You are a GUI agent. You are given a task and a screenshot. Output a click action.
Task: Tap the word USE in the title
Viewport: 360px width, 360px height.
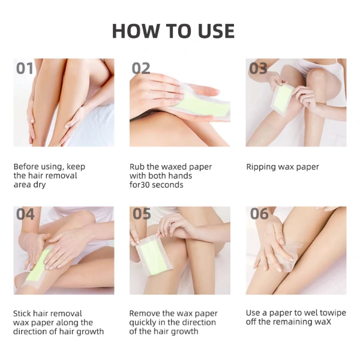pos(216,31)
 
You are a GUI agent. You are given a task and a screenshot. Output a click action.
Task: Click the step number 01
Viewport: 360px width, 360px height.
pos(25,68)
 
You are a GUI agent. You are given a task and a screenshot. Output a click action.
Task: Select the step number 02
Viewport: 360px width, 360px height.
pos(141,68)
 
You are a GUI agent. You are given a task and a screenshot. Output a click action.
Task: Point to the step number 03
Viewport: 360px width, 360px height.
pos(258,68)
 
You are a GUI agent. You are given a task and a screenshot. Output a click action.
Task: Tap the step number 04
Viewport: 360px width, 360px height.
pos(25,214)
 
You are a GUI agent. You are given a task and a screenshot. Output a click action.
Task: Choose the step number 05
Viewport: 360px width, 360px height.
pos(142,214)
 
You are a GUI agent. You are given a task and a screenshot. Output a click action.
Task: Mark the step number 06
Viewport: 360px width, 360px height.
pos(259,214)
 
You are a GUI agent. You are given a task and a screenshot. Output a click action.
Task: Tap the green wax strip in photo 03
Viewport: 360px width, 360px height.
pos(283,98)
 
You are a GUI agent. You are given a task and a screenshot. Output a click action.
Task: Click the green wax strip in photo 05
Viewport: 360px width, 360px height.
pos(152,257)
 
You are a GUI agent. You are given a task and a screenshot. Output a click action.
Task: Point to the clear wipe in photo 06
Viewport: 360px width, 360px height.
pos(290,257)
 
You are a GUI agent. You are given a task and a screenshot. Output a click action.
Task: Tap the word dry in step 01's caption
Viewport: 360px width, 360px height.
pos(39,185)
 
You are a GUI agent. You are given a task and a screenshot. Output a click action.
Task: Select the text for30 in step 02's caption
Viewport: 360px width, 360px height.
pos(140,185)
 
